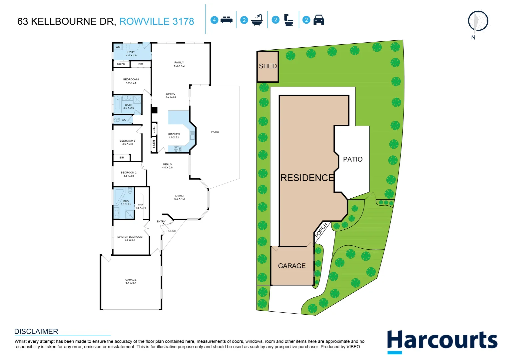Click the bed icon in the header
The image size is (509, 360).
[x=227, y=20]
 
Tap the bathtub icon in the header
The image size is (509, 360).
[x=257, y=20]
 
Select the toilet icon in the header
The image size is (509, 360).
[x=288, y=20]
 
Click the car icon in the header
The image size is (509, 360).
[x=319, y=20]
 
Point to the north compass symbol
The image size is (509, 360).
[x=478, y=22]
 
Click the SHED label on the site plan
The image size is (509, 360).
[x=268, y=66]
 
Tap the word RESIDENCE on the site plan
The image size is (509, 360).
[x=307, y=178]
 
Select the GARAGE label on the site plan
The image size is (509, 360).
[x=292, y=266]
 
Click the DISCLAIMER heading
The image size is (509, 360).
[x=36, y=332]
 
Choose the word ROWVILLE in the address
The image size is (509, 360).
[x=144, y=21]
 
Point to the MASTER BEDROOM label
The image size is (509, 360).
[x=130, y=237]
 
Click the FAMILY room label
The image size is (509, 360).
[x=179, y=63]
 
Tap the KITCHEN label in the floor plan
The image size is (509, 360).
[x=174, y=134]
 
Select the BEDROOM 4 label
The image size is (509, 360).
[x=131, y=80]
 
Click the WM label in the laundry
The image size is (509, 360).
[x=118, y=47]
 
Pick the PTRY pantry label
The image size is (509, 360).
[x=154, y=129]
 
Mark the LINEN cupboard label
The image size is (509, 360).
[x=154, y=144]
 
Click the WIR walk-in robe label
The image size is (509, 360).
[x=141, y=205]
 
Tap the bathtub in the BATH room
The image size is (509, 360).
[x=118, y=105]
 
